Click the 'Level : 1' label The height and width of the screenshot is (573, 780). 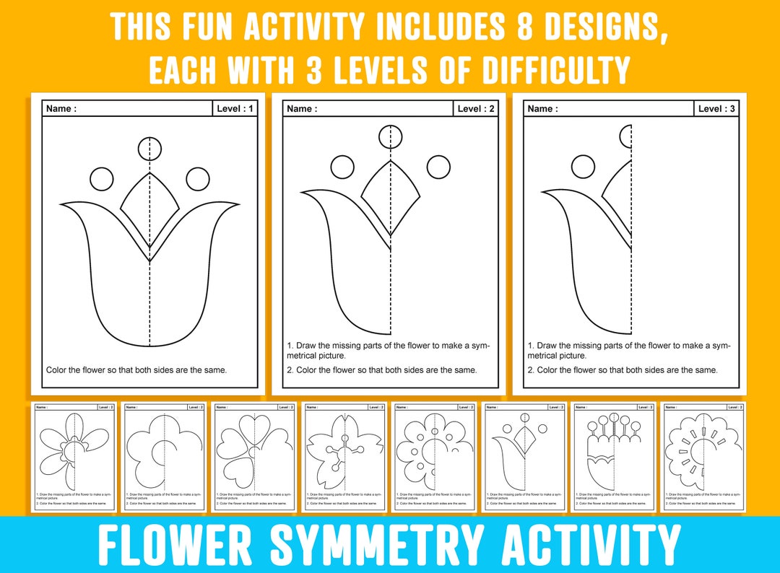click(x=235, y=109)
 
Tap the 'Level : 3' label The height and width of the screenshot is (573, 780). click(x=716, y=109)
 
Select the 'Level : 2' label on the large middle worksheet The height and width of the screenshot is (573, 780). click(x=476, y=109)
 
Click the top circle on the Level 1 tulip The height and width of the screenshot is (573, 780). click(x=149, y=148)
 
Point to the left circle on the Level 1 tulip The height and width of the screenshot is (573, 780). click(x=102, y=178)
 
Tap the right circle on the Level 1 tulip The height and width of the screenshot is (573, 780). click(x=197, y=178)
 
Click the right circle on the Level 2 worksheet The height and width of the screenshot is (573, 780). click(x=438, y=167)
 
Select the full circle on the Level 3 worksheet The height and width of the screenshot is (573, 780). click(x=583, y=167)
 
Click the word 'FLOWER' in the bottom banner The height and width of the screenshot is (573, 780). click(x=183, y=545)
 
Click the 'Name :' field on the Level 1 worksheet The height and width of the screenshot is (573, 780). click(x=61, y=109)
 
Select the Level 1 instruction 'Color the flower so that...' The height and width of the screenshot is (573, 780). click(x=136, y=370)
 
